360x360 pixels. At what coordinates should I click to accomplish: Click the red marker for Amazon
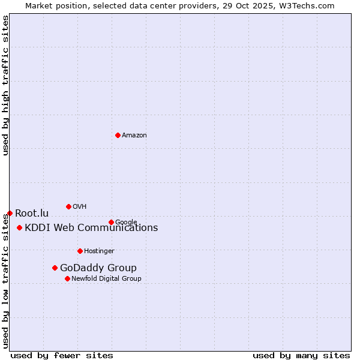(x=118, y=135)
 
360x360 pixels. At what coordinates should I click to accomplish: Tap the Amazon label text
(x=134, y=136)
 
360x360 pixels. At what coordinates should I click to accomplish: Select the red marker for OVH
(x=68, y=206)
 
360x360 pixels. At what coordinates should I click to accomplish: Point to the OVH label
(x=80, y=207)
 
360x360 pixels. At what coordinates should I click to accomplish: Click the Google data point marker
(x=111, y=222)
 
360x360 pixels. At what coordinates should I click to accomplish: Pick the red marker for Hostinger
(x=80, y=251)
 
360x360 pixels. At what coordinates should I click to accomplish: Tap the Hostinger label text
(x=99, y=251)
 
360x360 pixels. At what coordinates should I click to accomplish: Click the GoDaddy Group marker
(x=55, y=268)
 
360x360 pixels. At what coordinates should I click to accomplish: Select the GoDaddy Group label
(x=98, y=268)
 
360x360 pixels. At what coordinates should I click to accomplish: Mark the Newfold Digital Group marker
(x=67, y=278)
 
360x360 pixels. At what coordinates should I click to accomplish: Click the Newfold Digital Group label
(x=106, y=279)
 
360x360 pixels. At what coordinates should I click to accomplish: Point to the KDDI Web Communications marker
(x=20, y=227)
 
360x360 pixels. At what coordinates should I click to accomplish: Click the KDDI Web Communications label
(x=91, y=228)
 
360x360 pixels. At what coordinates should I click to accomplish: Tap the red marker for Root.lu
(x=10, y=213)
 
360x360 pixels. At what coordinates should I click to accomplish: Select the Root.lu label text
(x=32, y=214)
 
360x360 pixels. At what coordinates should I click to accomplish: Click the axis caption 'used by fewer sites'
(x=62, y=356)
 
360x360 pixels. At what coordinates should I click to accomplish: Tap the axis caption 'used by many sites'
(x=301, y=356)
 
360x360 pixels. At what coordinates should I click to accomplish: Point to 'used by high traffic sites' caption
(x=6, y=85)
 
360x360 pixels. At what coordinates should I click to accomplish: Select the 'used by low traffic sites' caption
(x=6, y=282)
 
